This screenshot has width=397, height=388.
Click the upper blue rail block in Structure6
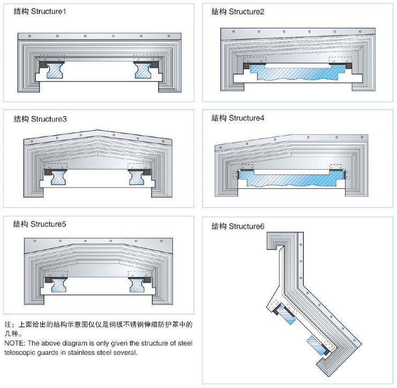click(x=287, y=316)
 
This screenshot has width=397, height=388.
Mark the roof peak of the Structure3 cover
click(x=97, y=131)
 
